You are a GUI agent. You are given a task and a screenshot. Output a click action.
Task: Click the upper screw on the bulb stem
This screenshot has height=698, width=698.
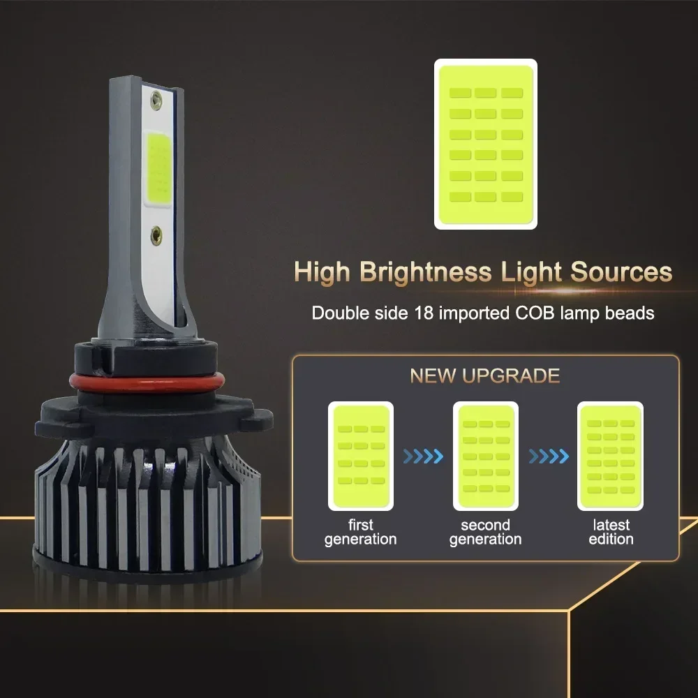(156, 101)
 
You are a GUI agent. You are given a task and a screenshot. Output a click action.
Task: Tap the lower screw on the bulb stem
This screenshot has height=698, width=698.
(156, 235)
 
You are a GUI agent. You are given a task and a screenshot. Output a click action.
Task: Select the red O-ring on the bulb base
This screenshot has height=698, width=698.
(147, 383)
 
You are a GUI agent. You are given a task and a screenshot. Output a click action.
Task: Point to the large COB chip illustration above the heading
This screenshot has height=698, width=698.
(486, 144)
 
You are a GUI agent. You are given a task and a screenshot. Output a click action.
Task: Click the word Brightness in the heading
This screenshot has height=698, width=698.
(426, 272)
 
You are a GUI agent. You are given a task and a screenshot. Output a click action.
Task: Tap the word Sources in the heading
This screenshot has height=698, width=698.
(621, 271)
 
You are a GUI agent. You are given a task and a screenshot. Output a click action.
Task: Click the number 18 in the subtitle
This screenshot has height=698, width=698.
(424, 313)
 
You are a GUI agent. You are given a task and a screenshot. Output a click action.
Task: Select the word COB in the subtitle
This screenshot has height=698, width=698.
(535, 313)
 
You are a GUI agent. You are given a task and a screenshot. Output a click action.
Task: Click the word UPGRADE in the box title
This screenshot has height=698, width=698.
(511, 376)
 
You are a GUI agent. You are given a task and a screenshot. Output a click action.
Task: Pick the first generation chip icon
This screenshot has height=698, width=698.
(361, 456)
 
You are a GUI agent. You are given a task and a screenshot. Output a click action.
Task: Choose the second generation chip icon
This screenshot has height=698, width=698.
(486, 456)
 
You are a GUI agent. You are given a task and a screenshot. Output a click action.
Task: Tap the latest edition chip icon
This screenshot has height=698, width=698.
(610, 456)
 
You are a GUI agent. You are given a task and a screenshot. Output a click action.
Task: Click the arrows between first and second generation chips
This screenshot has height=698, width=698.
(424, 456)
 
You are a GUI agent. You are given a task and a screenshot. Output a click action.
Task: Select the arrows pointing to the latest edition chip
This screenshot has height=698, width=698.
(549, 456)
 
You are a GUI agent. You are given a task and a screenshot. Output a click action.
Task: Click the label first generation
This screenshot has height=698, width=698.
(361, 532)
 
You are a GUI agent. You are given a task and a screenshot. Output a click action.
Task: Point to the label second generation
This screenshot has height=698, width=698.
(486, 532)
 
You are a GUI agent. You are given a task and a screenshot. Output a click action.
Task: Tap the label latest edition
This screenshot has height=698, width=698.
(611, 532)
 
